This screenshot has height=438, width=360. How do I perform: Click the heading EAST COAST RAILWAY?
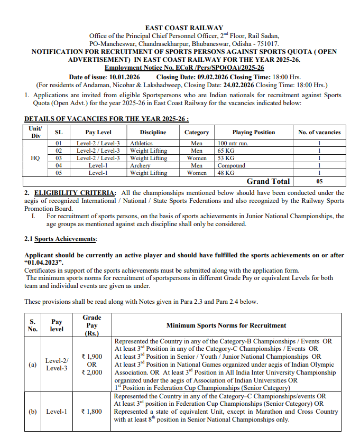coord(184,28)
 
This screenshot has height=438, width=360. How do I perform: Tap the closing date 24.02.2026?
coord(238,85)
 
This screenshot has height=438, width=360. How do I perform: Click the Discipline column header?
coord(153,132)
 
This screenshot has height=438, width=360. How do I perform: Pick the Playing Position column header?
coord(253,132)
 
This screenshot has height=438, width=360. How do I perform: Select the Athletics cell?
coord(141,143)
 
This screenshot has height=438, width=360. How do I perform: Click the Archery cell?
coord(140,165)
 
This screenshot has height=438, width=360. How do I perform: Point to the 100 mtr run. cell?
coord(233,143)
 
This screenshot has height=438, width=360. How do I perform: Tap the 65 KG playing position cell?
coord(226,151)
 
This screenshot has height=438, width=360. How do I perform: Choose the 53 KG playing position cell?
coord(226,158)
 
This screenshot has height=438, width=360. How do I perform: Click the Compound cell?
coord(232,165)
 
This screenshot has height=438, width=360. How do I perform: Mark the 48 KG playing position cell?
coord(226,173)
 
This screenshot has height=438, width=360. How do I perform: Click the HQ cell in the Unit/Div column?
coord(35,158)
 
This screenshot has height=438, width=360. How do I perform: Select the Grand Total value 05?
coord(319,181)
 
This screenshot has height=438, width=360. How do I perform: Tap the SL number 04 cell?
coord(59,165)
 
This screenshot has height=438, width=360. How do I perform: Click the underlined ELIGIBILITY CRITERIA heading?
coord(75,193)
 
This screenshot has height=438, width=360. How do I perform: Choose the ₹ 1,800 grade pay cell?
coord(91,411)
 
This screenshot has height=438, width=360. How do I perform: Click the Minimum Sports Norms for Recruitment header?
coord(226,325)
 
